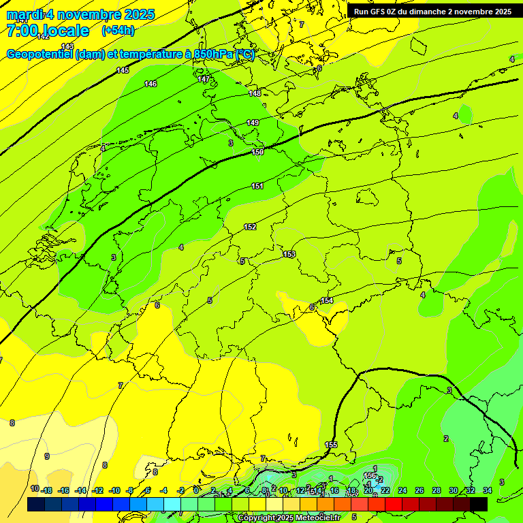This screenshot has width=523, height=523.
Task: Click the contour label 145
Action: click(x=123, y=70)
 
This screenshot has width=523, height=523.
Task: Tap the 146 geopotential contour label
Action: click(x=150, y=84)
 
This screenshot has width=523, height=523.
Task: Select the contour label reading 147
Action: click(x=204, y=80)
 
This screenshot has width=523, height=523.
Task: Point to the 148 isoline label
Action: click(x=255, y=93)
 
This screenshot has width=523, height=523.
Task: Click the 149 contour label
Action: click(x=253, y=123)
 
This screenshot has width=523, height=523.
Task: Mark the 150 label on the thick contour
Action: click(x=257, y=152)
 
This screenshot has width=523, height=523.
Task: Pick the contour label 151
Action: click(x=257, y=186)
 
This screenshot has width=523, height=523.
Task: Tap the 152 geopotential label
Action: click(x=250, y=227)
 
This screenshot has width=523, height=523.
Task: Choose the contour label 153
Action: click(x=289, y=254)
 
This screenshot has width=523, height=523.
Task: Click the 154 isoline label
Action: click(x=327, y=300)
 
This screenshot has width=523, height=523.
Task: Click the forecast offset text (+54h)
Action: click(x=118, y=31)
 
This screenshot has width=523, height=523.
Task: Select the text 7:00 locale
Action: click(x=48, y=31)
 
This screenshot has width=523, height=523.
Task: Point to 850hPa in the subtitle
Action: click(x=214, y=54)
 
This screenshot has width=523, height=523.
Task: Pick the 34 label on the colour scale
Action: click(x=488, y=490)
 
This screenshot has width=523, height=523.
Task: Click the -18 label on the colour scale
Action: click(x=46, y=490)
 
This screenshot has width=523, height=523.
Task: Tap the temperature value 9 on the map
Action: click(x=47, y=456)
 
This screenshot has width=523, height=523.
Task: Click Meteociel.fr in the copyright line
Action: click(x=319, y=518)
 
